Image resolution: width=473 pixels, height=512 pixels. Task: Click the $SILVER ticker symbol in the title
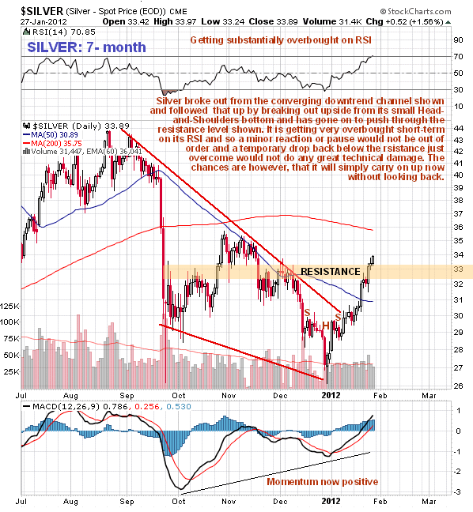[x=41, y=11]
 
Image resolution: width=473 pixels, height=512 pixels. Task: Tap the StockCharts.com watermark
[x=415, y=12]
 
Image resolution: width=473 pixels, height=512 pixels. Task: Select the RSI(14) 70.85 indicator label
[x=59, y=32]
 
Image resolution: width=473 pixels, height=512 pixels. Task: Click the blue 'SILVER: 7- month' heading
[x=86, y=47]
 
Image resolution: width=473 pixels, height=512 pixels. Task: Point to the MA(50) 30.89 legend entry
[x=51, y=134]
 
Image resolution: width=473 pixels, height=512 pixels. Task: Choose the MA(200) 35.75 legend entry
[x=52, y=143]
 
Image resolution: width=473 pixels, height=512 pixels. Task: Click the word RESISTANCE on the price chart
[x=330, y=271]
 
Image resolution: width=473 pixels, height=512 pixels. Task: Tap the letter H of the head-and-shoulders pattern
[x=326, y=326]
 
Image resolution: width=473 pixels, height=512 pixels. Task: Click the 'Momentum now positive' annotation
[x=322, y=482]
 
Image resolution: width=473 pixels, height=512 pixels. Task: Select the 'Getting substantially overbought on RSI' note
[x=281, y=40]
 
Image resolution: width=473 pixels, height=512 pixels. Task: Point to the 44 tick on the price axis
[x=458, y=129]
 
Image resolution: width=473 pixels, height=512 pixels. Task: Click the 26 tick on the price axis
[x=458, y=386]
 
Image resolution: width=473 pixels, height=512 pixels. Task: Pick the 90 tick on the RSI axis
[x=458, y=40]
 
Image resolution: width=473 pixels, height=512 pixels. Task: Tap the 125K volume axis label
[x=9, y=307]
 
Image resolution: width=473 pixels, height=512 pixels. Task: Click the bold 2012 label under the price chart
[x=331, y=395]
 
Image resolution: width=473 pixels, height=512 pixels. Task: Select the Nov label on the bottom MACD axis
[x=229, y=501]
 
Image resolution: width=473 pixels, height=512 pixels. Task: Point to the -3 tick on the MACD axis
[x=458, y=492]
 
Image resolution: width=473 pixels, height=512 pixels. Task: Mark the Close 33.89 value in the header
[x=273, y=21]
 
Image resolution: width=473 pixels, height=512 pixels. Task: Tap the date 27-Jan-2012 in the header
[x=44, y=22]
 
